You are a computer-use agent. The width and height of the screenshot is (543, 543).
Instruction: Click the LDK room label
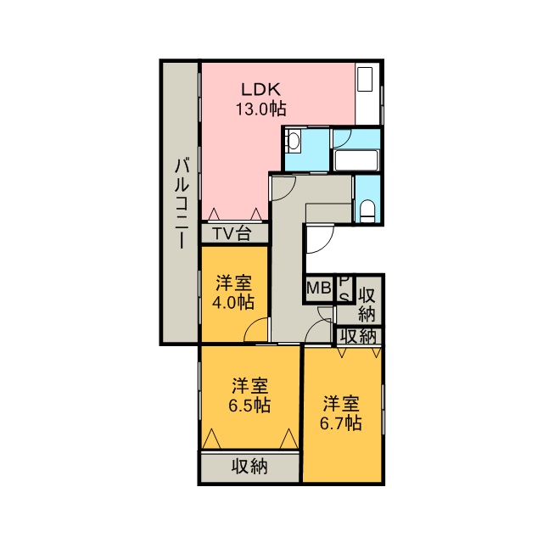260,90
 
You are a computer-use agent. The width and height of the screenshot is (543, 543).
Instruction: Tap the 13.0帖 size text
260,109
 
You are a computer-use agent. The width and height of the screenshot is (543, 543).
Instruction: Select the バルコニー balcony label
182,203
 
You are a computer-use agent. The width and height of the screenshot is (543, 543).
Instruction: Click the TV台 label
232,234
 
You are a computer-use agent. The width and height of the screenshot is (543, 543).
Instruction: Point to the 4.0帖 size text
233,302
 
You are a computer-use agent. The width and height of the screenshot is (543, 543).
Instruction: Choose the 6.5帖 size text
249,405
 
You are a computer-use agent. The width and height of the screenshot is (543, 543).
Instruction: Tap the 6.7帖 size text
340,423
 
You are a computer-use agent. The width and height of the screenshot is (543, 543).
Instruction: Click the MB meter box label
319,288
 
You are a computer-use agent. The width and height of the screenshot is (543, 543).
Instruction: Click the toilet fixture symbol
367,210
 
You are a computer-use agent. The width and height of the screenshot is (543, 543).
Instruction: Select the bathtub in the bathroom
356,160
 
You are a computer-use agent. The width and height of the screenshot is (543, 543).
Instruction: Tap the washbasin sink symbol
294,142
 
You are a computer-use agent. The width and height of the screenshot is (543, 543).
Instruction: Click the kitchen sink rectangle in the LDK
365,79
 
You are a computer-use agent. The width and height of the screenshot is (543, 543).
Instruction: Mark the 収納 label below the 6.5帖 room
249,467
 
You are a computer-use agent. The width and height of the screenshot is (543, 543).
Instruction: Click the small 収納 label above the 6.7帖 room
358,336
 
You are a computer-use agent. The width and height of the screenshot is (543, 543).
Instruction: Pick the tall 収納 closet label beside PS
367,305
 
